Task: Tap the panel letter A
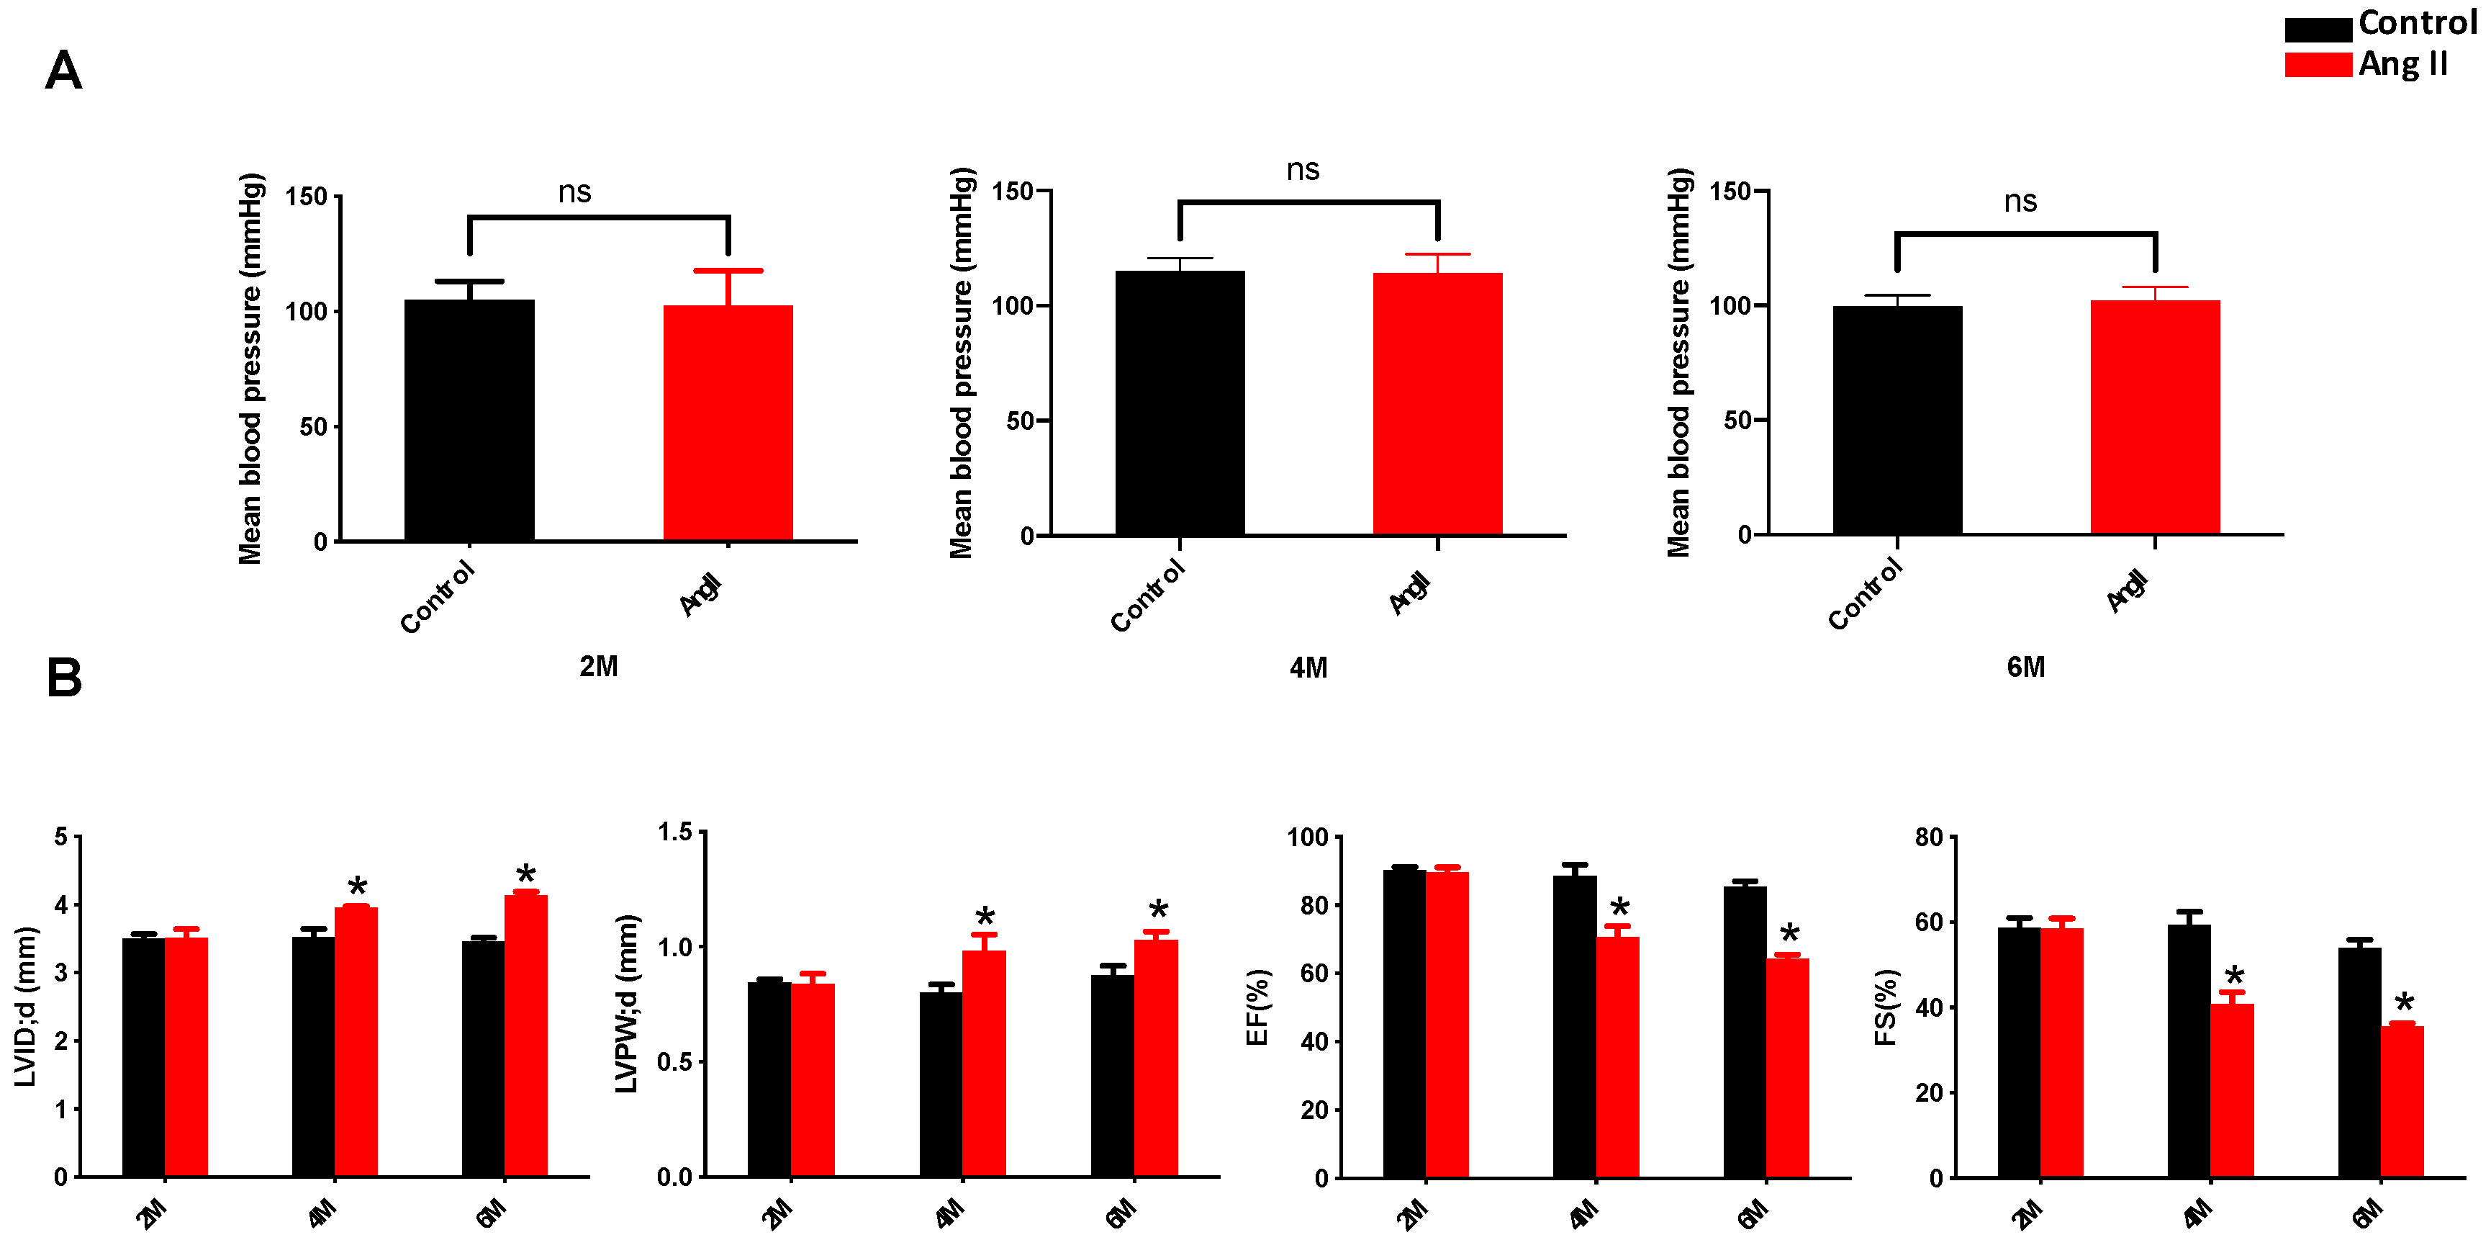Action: pyautogui.click(x=64, y=71)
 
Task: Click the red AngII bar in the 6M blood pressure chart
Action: pyautogui.click(x=2154, y=417)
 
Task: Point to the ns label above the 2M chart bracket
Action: pyautogui.click(x=574, y=192)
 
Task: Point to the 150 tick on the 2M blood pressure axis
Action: pyautogui.click(x=306, y=197)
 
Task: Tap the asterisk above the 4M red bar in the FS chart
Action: pyautogui.click(x=2234, y=976)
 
